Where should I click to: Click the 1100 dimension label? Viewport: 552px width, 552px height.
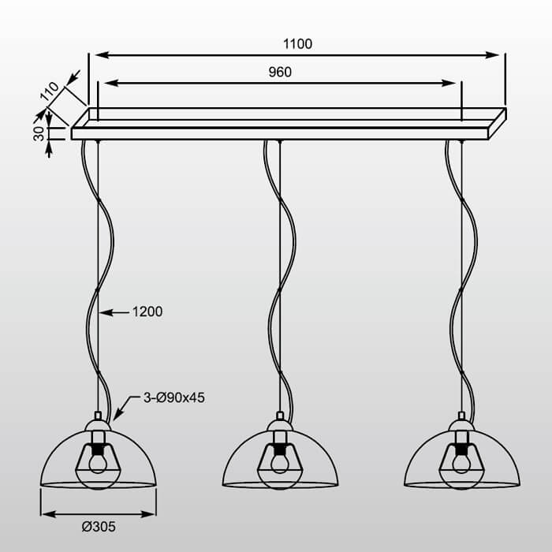(297, 44)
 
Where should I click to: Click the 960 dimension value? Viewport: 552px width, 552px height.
(280, 72)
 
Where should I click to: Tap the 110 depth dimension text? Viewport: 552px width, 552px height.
(50, 91)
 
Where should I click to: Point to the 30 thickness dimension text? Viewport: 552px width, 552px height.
(39, 134)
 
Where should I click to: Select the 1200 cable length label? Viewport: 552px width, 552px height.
(147, 311)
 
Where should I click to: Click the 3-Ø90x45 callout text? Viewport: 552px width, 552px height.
(173, 397)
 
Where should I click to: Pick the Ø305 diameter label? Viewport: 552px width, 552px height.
(98, 527)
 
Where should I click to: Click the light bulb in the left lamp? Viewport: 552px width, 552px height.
(98, 462)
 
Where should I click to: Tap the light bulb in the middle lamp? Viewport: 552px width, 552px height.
(280, 462)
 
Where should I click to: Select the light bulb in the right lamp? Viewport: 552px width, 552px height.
(461, 462)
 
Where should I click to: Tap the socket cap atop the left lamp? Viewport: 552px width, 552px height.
(98, 416)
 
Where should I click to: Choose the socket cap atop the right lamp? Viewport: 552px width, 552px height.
(461, 416)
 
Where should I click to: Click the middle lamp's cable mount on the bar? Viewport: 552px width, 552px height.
(279, 141)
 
